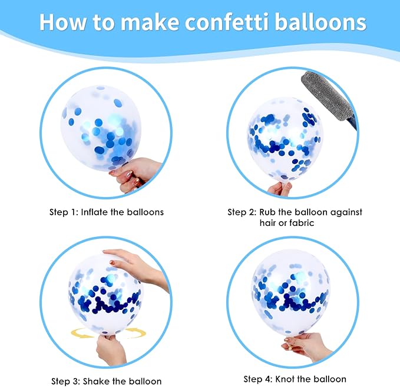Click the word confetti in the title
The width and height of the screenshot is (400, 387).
[x=227, y=22]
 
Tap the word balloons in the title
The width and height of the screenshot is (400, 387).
[x=320, y=22]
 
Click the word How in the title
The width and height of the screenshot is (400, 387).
[x=63, y=22]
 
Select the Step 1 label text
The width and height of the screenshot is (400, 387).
[x=64, y=212]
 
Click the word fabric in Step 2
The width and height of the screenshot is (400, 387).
[x=302, y=223]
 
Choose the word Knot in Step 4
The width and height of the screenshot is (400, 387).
[x=285, y=379]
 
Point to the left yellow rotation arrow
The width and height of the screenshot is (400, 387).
[x=82, y=333]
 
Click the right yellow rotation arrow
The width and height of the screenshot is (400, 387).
[x=135, y=333]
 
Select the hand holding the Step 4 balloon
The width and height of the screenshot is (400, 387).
[x=306, y=346]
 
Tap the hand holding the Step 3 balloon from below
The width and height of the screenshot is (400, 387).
[x=111, y=349]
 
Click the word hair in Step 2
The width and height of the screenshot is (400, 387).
[x=268, y=223]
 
